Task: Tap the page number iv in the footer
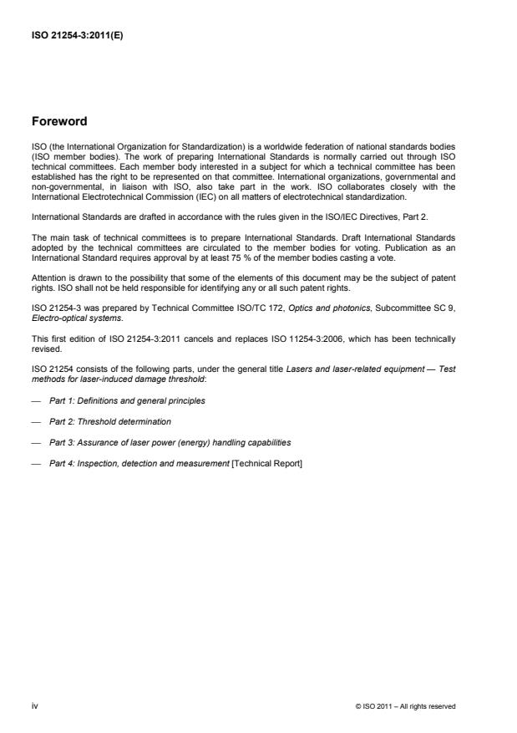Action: (34, 706)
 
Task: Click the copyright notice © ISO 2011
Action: (405, 707)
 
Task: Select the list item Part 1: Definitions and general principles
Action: (127, 400)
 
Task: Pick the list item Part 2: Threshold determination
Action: (109, 422)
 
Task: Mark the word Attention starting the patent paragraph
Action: (48, 276)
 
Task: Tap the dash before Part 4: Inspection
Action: (36, 465)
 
